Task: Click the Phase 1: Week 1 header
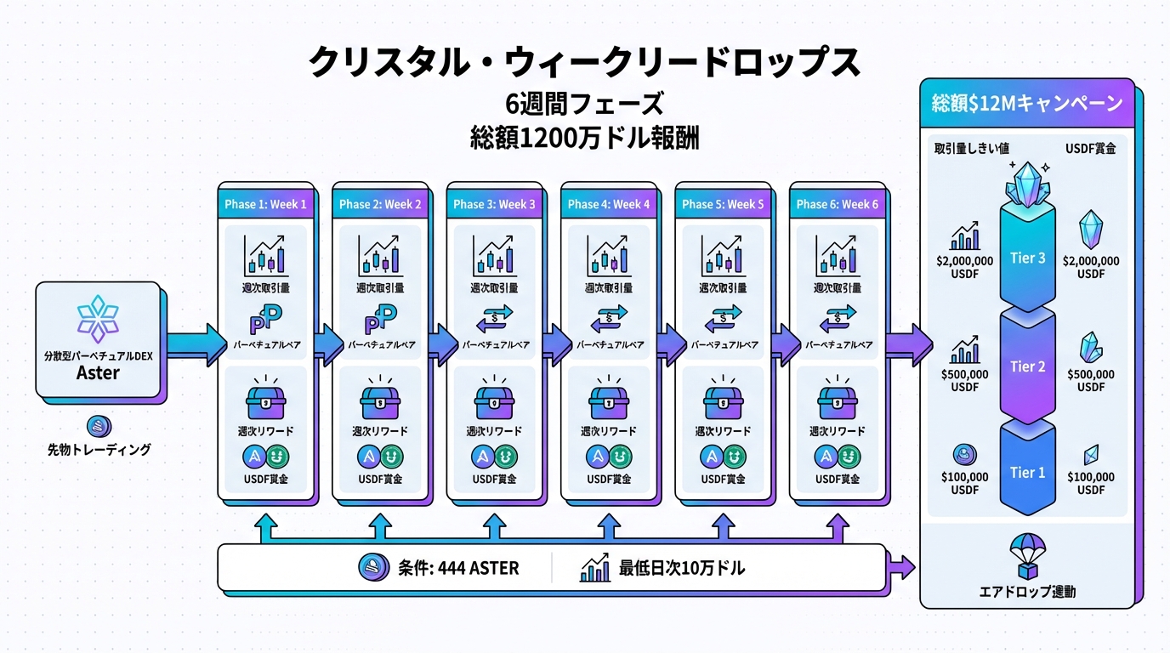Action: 265,205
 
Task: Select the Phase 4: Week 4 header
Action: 608,205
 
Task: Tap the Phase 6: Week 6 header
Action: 837,205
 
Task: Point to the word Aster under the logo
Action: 98,373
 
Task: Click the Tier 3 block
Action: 1027,258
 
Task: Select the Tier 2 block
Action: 1027,366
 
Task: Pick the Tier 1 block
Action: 1027,472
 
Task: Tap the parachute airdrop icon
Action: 1027,554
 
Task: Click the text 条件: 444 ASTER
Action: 457,568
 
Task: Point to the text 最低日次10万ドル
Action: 682,568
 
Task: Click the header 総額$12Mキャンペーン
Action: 1027,105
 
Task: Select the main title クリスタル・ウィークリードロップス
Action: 584,63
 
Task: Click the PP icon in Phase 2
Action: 380,321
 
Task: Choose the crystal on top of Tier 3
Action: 1027,185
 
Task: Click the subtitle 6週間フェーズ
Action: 584,105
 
